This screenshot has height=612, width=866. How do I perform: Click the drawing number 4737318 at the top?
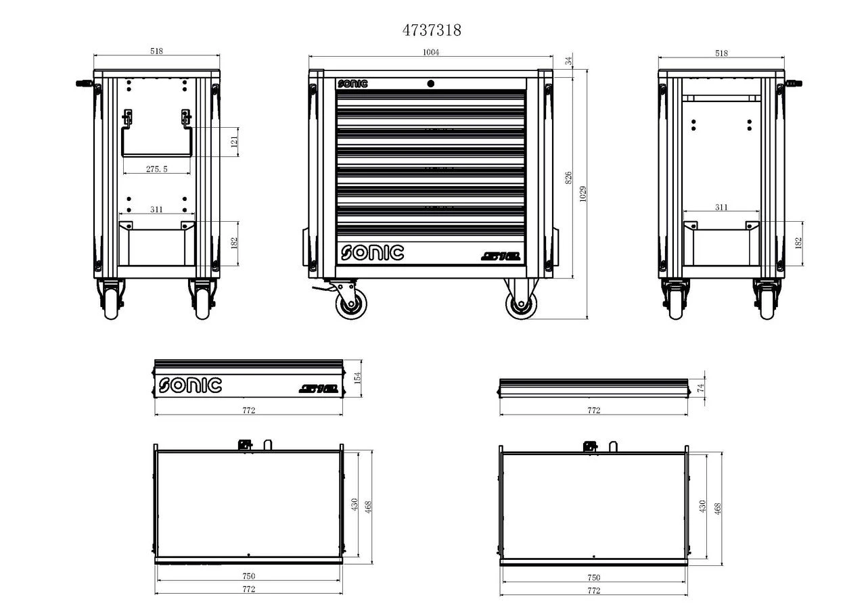(x=432, y=30)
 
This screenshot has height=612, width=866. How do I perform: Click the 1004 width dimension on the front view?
(x=431, y=53)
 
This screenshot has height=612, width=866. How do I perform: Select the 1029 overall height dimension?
(x=583, y=193)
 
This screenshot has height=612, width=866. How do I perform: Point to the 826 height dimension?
(x=568, y=177)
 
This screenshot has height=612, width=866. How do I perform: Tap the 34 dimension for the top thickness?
(x=568, y=61)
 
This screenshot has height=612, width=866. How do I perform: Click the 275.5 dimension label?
(x=156, y=169)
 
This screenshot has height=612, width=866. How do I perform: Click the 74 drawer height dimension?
(x=701, y=387)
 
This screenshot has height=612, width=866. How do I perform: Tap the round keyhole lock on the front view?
(x=430, y=83)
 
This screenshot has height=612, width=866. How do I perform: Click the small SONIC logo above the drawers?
(x=352, y=84)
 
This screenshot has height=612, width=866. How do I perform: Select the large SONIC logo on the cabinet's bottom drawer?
(x=372, y=253)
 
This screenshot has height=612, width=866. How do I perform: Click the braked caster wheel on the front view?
(x=350, y=302)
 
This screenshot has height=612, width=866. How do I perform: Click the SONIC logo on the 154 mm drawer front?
(x=190, y=385)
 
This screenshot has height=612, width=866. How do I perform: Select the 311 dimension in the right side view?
(x=721, y=207)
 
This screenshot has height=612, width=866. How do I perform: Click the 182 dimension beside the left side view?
(x=234, y=243)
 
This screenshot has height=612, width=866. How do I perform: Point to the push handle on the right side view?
(x=794, y=84)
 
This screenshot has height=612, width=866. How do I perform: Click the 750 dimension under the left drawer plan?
(x=248, y=576)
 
